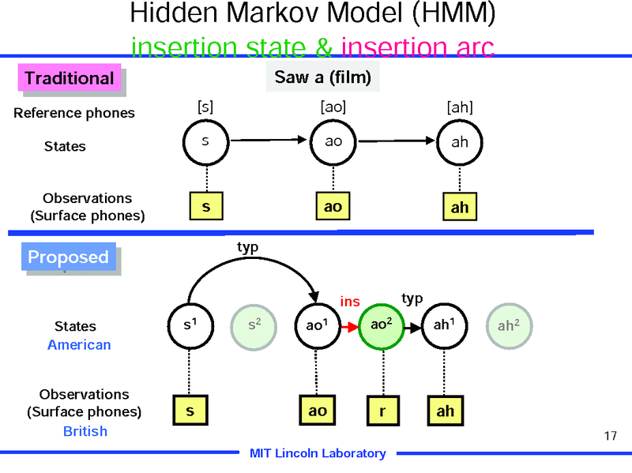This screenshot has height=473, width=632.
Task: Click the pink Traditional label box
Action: (x=69, y=78)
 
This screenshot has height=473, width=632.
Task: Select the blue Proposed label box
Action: (x=68, y=257)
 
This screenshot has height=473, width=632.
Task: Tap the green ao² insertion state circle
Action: (x=382, y=325)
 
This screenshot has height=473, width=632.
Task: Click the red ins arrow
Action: (x=348, y=325)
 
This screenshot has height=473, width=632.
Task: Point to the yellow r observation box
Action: (x=382, y=411)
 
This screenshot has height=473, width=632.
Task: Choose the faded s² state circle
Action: (x=252, y=325)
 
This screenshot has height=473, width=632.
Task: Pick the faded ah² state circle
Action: (x=509, y=325)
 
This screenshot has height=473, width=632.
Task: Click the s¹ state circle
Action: (x=190, y=325)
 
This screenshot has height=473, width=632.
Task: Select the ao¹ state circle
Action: (x=316, y=325)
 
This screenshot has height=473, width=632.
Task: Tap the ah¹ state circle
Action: (x=444, y=325)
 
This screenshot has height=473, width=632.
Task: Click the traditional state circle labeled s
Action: (x=205, y=142)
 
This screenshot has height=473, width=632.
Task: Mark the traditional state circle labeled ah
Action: (x=459, y=142)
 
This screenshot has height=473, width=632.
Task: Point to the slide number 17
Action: (x=609, y=436)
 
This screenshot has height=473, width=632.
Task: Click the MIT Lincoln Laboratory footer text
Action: (x=318, y=453)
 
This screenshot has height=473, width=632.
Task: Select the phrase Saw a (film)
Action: (x=322, y=77)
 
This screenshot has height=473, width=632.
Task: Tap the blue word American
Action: (x=79, y=345)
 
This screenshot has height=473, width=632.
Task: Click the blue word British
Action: (x=85, y=431)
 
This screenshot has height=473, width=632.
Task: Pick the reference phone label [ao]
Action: (x=333, y=107)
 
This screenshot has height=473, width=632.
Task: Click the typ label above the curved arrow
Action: (x=248, y=246)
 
